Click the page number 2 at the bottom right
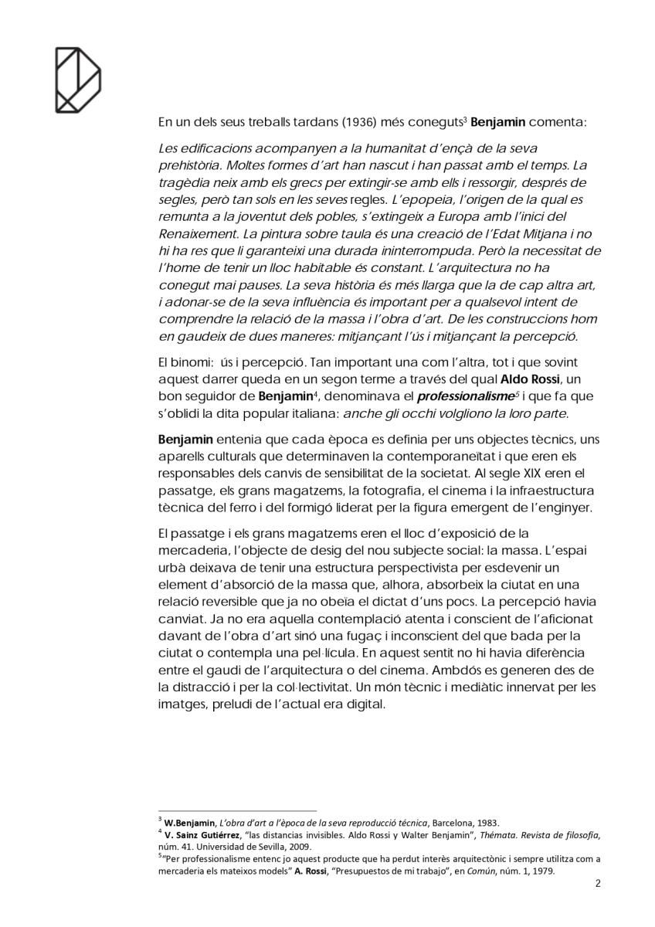pos(598,884)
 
